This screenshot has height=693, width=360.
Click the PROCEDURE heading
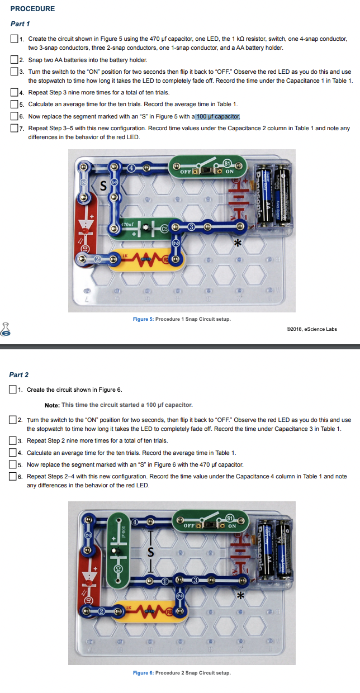click(x=32, y=9)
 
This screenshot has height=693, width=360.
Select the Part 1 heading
click(x=20, y=24)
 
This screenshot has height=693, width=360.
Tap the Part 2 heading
click(x=19, y=374)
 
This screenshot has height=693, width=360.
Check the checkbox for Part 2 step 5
click(x=13, y=464)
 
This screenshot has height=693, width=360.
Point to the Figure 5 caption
click(x=182, y=319)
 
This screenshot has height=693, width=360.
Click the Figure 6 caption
click(x=182, y=672)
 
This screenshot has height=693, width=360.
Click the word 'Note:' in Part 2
click(x=52, y=405)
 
